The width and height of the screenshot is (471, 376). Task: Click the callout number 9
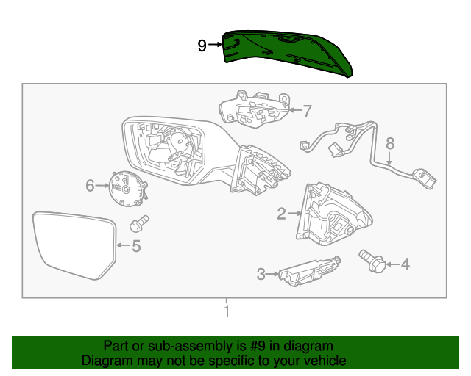[202, 46]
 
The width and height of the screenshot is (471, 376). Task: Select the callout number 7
[307, 111]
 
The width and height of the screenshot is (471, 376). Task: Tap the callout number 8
[390, 143]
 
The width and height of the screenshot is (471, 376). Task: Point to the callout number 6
[90, 186]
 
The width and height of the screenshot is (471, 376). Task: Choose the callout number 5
[135, 246]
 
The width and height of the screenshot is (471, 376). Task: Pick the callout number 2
[281, 214]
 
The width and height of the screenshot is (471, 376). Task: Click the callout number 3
[261, 275]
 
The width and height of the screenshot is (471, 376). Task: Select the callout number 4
[404, 263]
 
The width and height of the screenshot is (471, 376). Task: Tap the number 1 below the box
[227, 311]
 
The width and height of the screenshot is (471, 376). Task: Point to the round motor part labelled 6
[127, 187]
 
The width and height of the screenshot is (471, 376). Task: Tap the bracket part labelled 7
[255, 111]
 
